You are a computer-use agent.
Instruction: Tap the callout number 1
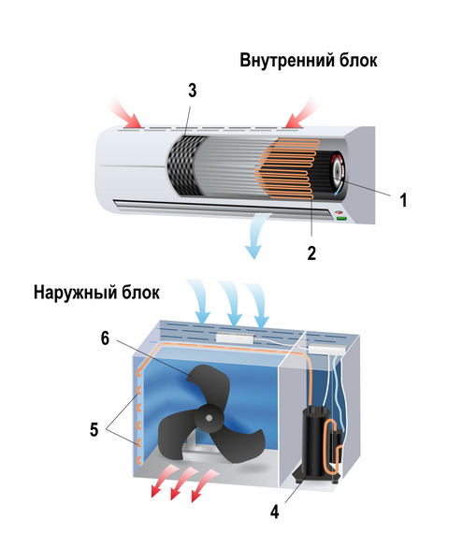tap(403, 200)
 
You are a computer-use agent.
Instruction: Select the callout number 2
tap(311, 252)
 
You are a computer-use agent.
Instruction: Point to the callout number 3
tap(193, 91)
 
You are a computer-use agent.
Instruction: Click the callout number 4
tap(274, 511)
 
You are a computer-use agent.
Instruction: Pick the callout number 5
tap(94, 429)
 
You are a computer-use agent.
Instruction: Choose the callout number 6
tap(105, 339)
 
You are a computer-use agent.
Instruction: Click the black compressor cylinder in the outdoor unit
tap(312, 442)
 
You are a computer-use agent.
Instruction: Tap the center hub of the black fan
tap(210, 418)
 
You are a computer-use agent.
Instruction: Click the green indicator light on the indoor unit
tap(341, 219)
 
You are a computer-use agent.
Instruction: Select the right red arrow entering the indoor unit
tap(300, 113)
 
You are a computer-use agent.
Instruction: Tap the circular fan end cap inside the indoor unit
tap(339, 173)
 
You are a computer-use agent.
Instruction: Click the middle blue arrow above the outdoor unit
tap(231, 303)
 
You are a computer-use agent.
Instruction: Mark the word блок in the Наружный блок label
tap(140, 293)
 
